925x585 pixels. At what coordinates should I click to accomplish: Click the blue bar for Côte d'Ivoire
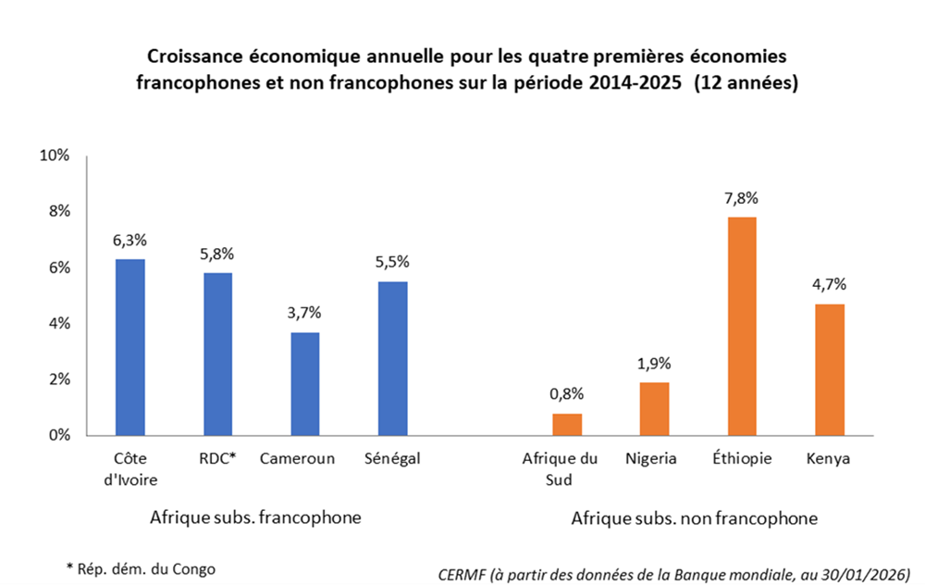[x=129, y=347]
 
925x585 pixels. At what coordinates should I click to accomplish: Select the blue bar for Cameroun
[x=304, y=383]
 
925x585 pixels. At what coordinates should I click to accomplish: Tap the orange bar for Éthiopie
[x=742, y=326]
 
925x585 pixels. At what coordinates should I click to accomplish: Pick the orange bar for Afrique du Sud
[x=567, y=424]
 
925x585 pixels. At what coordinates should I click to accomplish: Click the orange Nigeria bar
[x=654, y=408]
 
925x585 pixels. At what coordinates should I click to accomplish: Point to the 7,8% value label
[x=742, y=197]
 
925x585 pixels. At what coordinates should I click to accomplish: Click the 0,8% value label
[x=567, y=393]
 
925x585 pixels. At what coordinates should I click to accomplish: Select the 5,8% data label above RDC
[x=217, y=253]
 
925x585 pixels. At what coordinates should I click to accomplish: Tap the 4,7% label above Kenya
[x=829, y=283]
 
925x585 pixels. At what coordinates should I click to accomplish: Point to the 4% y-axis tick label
[x=59, y=324]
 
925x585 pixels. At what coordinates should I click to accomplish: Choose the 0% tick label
[x=59, y=436]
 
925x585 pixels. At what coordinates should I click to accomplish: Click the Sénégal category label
[x=392, y=458]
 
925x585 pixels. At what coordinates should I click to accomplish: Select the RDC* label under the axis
[x=217, y=458]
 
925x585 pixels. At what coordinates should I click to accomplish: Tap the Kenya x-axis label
[x=829, y=458]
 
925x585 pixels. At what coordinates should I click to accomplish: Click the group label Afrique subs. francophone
[x=255, y=517]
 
